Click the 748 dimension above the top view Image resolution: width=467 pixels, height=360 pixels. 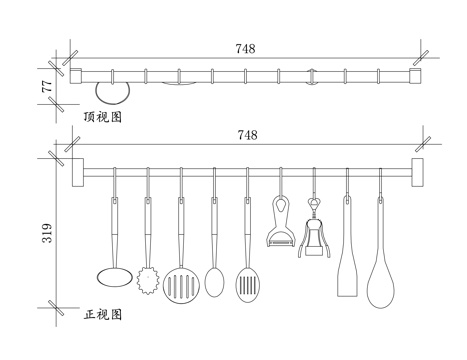point(245,47)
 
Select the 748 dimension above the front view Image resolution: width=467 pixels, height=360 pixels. point(245,134)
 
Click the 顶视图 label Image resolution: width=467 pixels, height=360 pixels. point(102,117)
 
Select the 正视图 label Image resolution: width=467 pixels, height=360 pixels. point(102,314)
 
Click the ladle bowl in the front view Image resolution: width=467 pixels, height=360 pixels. point(114,274)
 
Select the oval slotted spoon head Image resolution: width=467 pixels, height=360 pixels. point(247,284)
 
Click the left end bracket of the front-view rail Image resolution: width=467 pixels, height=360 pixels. point(76,171)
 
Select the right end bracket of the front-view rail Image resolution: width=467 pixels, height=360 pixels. point(417,171)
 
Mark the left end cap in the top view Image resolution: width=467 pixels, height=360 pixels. point(76,76)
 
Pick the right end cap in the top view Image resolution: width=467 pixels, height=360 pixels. point(417,76)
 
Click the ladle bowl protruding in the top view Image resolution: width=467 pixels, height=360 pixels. point(115,93)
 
